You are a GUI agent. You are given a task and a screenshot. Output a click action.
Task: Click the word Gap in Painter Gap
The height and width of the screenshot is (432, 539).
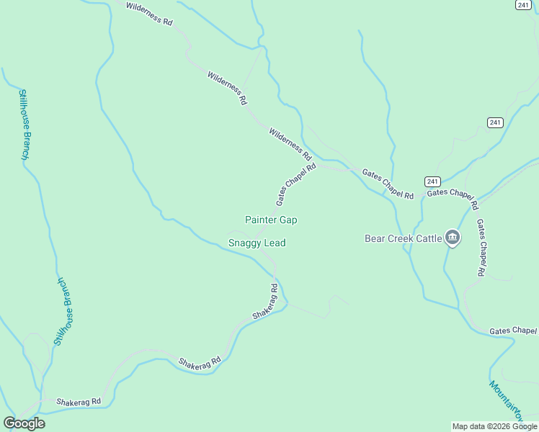pos(288,220)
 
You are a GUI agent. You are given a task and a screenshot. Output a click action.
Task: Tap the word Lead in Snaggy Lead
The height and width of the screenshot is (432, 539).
pos(275,243)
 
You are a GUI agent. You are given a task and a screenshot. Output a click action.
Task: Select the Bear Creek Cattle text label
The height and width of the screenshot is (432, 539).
pos(403,238)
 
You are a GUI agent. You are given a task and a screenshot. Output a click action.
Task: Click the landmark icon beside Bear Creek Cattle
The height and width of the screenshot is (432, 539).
pos(453,237)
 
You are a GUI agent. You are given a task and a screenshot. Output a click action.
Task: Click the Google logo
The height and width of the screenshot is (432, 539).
pos(24,423)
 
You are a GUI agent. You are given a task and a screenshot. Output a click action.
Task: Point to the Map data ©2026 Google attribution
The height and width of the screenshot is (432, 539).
pos(495,426)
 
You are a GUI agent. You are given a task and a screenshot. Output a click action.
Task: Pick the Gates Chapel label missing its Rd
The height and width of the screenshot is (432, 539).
pos(513,331)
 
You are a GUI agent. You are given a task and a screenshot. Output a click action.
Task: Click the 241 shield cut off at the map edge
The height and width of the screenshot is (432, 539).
pos(523,4)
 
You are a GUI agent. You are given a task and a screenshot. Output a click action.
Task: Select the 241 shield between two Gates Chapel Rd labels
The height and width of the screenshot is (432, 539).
pos(432,181)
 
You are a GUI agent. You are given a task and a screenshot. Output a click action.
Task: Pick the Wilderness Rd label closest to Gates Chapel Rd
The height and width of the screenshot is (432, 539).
pos(290,144)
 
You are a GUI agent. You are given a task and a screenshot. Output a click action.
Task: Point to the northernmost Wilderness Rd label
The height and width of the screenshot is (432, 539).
pos(149,14)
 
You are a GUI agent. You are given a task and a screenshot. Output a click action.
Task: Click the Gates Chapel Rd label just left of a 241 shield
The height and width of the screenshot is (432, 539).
pos(388,184)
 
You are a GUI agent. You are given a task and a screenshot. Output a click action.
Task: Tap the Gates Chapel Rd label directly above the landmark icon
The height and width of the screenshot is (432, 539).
pos(453,198)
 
